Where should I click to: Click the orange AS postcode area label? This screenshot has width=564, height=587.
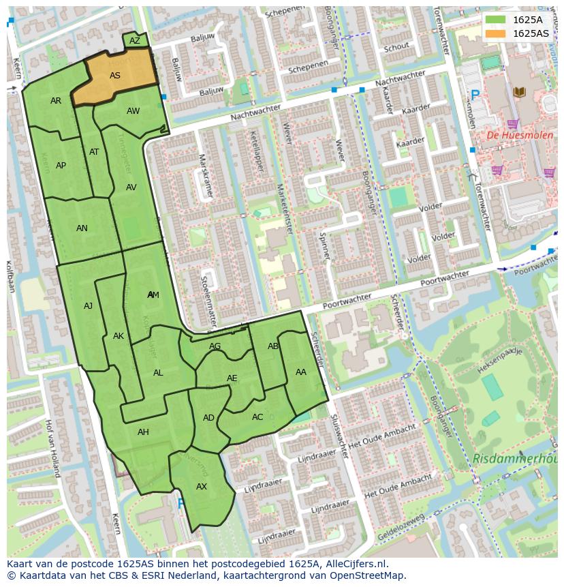[x=115, y=76]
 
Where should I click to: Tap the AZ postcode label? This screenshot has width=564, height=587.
[x=135, y=41]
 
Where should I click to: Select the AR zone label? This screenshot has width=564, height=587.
[x=56, y=101]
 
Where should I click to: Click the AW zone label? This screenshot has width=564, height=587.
[x=134, y=111]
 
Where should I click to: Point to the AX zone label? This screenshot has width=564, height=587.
[x=202, y=487]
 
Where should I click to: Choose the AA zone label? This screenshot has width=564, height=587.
[x=301, y=372]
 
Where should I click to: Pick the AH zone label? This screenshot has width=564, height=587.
[x=143, y=432]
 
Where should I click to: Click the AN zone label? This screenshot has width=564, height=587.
[x=82, y=228]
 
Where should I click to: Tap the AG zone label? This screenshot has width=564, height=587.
[x=215, y=346]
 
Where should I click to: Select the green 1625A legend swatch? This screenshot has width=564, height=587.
[x=495, y=20]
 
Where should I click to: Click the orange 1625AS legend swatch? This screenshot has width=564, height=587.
[x=495, y=33]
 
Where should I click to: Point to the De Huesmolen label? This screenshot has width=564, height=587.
[x=511, y=136]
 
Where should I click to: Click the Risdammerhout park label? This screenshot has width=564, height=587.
[x=516, y=459]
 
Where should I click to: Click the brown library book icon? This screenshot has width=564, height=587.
[x=519, y=91]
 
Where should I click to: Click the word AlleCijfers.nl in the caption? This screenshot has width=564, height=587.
[x=356, y=564]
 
